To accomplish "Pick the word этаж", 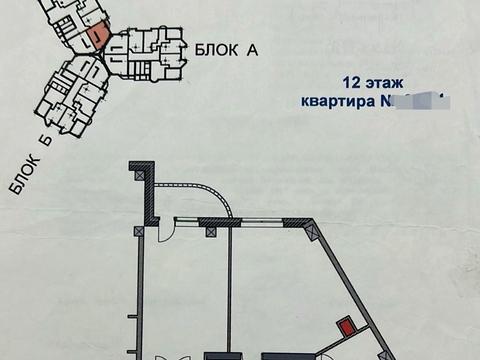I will point(388,84).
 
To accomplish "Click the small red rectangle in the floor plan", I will point(346,325).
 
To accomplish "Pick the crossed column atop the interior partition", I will point(211,232).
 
